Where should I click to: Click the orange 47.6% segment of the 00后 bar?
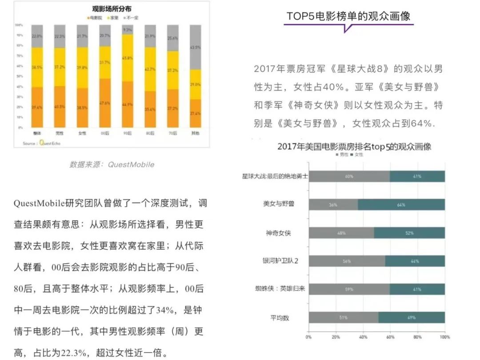(105, 103)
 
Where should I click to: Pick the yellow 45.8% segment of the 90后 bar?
(128, 58)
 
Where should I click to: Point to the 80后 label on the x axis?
(150, 133)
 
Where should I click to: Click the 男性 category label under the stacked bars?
(60, 133)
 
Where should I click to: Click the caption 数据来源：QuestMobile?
(112, 164)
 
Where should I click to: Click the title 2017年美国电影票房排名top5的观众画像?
(354, 146)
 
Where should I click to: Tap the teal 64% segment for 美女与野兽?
(401, 205)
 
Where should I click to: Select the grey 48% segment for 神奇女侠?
(341, 233)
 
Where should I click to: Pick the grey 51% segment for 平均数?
(344, 317)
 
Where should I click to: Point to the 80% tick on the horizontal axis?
(417, 337)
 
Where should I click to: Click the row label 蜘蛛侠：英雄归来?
(279, 289)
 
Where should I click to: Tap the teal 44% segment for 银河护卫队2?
(415, 261)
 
